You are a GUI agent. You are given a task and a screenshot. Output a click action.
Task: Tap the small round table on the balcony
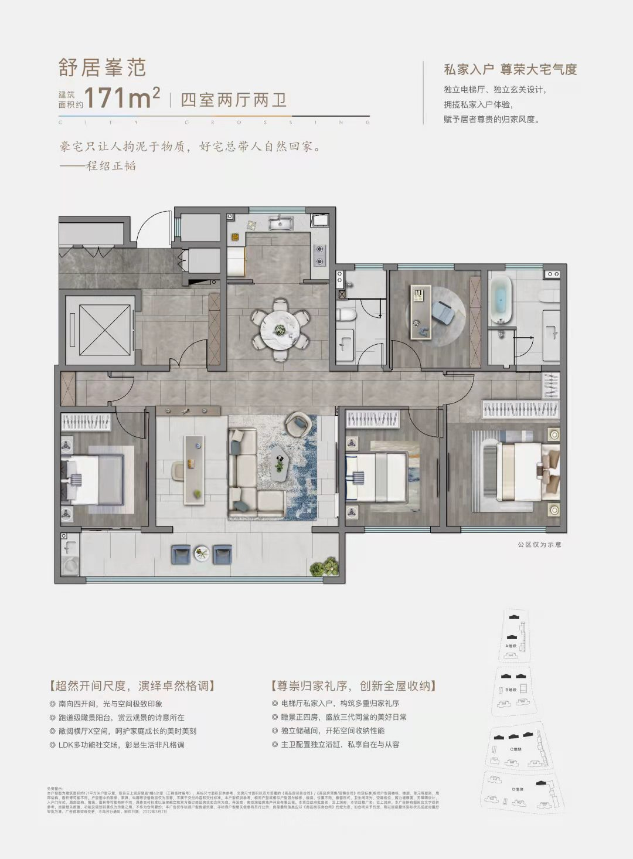202,552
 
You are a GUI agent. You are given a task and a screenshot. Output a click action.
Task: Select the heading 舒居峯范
102,68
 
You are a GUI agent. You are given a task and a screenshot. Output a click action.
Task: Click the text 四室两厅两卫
234,100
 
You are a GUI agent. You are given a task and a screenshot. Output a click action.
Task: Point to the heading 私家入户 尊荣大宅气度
510,69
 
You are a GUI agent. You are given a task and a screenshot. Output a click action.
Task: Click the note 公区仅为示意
539,545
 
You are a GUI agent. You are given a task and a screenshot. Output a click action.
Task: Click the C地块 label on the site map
515,749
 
